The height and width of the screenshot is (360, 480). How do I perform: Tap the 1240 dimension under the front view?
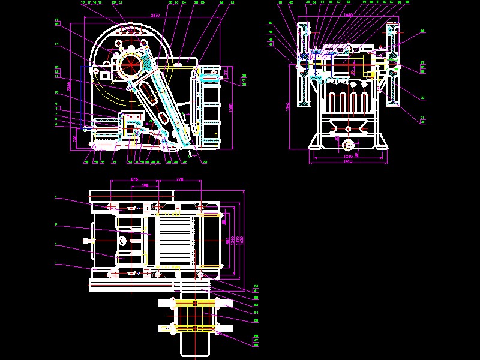click(347, 157)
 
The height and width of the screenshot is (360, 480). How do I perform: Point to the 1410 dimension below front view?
click(347, 161)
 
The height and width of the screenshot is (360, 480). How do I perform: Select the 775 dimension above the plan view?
click(179, 179)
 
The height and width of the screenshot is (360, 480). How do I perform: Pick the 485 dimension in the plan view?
click(145, 185)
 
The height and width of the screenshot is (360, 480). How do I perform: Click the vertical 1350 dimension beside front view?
click(289, 106)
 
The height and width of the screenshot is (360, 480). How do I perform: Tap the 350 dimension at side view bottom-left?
click(74, 138)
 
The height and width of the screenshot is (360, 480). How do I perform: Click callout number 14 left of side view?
click(56, 44)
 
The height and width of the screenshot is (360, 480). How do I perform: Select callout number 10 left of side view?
click(56, 93)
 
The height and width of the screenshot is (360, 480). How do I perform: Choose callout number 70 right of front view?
click(422, 98)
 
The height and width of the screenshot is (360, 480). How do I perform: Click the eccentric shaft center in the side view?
click(131, 62)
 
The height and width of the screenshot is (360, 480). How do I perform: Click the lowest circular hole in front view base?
click(347, 145)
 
